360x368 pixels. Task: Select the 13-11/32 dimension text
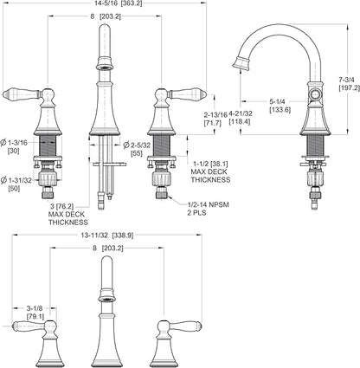(94, 236)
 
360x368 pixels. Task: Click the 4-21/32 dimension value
(241, 113)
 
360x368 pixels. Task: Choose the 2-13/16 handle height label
(215, 113)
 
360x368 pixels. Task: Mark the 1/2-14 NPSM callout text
(208, 204)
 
